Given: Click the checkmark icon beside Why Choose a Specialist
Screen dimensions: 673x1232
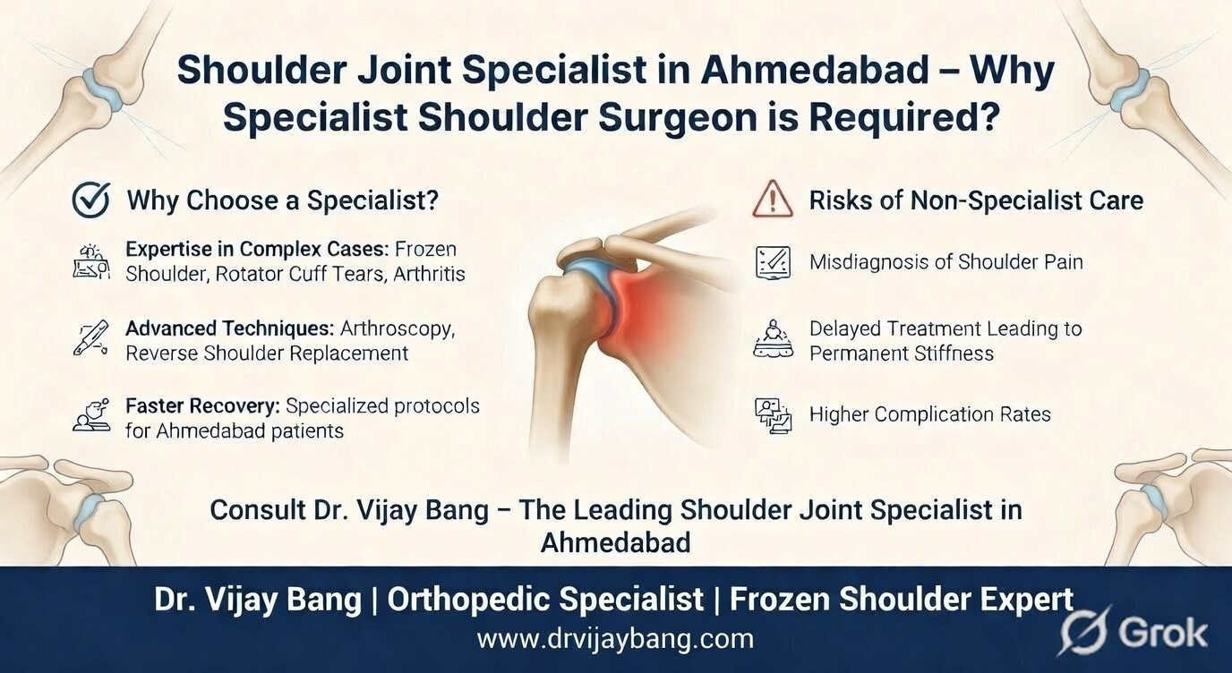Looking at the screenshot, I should coord(90,200).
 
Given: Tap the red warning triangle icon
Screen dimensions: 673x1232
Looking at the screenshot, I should coord(772,200).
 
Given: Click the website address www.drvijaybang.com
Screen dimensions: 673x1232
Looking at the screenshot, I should coord(615,639).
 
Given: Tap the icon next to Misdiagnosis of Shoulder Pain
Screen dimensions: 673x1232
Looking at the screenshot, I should coord(772,262).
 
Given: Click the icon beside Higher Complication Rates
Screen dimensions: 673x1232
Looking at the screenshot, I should coord(773,415).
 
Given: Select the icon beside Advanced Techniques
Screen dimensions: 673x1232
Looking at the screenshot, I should coord(90,339).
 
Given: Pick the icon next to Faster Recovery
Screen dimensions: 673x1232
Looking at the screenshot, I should coord(90,417).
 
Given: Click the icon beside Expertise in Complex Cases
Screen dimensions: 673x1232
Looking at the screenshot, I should coord(90,260).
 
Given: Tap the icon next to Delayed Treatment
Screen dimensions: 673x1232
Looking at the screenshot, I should coord(772,340).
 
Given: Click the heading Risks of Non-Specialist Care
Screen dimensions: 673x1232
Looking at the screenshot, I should coord(976,200).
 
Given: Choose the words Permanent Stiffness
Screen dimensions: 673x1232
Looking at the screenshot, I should coord(901,354).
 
